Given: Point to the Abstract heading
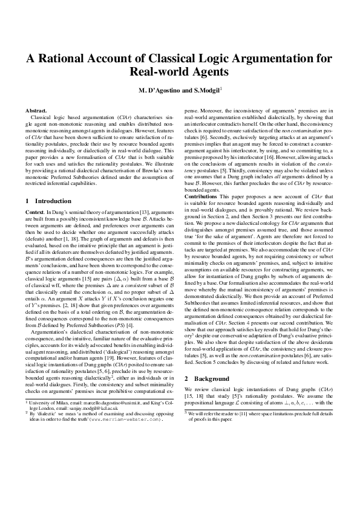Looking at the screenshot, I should click(36, 111).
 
